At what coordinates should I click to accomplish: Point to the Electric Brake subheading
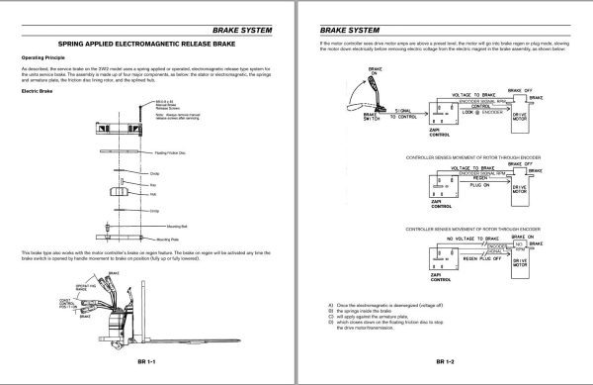(x=41, y=91)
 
